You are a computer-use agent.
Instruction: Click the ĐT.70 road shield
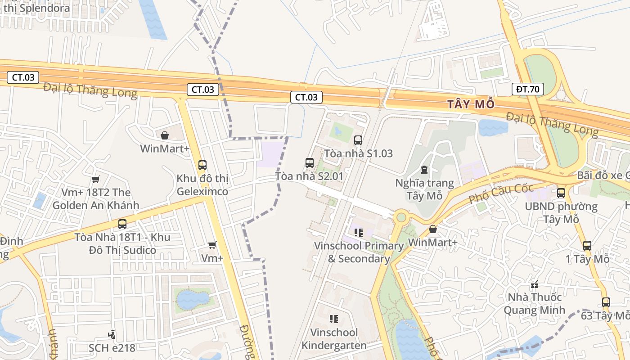[527, 89]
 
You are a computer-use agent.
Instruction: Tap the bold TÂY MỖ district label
[471, 104]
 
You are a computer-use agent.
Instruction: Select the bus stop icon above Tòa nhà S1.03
[358, 140]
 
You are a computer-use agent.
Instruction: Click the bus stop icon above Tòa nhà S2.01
[310, 163]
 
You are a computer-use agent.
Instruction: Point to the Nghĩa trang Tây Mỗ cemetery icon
[424, 170]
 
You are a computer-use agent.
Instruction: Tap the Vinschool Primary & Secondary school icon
[359, 233]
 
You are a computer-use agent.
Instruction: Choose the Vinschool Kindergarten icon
[334, 319]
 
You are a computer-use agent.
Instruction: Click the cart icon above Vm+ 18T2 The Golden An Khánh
[95, 180]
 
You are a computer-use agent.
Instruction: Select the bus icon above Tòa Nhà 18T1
[122, 224]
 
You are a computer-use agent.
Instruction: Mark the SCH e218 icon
[112, 335]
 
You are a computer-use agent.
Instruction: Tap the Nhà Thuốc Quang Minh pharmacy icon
[535, 284]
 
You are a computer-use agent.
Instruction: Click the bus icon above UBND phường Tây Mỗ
[561, 193]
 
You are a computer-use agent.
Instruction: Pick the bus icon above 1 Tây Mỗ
[587, 246]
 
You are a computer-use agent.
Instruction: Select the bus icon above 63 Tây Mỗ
[606, 302]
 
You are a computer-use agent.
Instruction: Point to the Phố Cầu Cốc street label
[500, 193]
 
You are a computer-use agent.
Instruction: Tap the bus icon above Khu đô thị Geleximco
[202, 165]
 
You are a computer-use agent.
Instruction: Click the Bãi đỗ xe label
[603, 175]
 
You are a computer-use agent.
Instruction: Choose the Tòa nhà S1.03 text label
[358, 153]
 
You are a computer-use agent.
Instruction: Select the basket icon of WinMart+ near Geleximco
[165, 135]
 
